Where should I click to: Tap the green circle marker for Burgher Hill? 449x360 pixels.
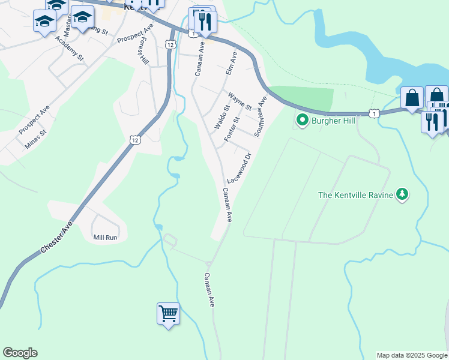302,121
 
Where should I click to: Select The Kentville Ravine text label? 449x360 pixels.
355,194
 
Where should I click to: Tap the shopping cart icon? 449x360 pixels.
168,313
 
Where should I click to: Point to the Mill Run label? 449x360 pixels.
106,238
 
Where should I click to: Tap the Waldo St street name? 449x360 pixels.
222,118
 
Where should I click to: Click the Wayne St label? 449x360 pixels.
240,100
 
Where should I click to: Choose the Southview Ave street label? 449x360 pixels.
259,116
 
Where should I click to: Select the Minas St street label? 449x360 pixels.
35,140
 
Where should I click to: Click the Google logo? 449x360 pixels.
20,353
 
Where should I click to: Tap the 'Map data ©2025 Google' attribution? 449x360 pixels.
412,355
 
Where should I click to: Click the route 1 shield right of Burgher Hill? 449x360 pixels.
375,113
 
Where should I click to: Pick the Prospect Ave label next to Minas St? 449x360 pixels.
33,121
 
